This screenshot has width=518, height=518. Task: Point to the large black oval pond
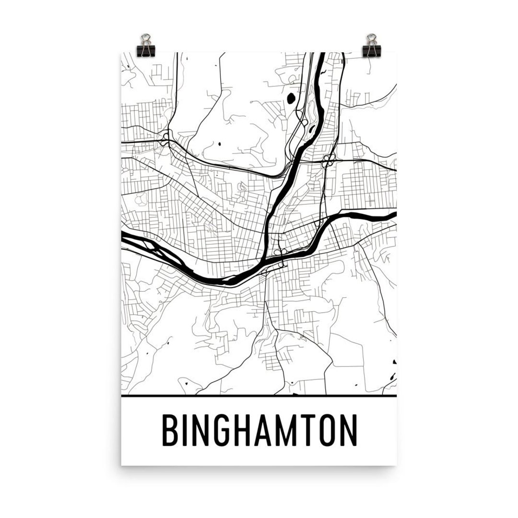click(291, 99)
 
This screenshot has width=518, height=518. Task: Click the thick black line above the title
click(259, 396)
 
